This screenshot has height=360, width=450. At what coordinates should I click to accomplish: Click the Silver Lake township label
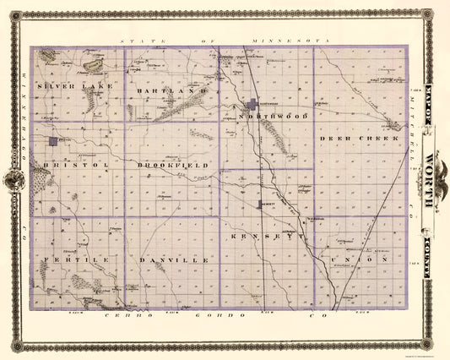coord(72,86)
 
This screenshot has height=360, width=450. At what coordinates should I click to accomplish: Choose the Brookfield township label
coord(173,166)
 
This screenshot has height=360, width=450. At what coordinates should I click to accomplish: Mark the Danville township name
coord(172,260)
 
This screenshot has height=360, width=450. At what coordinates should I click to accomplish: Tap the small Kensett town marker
coord(261,204)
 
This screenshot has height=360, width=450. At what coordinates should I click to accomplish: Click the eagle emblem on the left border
coord(15,180)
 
